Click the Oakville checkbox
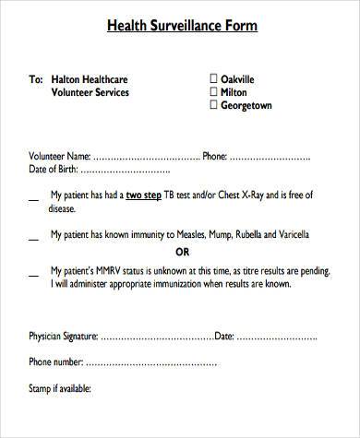coord(213,79)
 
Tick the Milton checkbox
coord(213,92)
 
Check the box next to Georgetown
coord(213,105)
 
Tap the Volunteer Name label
coord(60,156)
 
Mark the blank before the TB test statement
coord(33,197)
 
